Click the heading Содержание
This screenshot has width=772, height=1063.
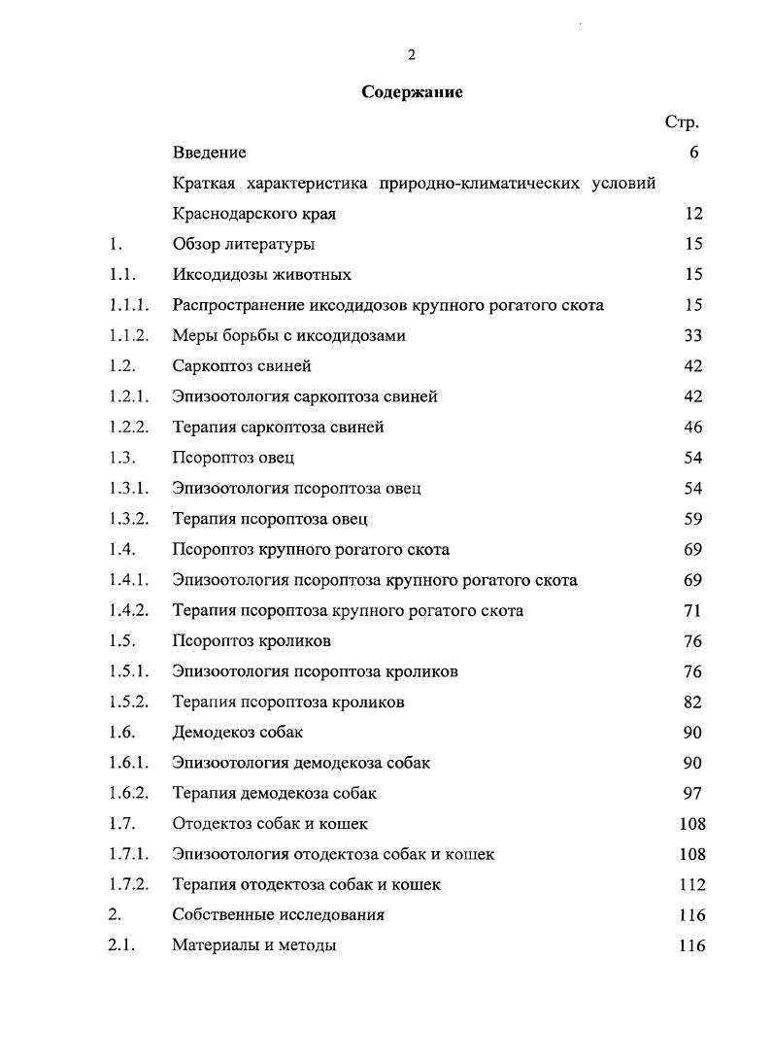point(412,92)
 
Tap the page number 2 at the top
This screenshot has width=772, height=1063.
point(412,55)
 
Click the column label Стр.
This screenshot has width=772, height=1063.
point(682,122)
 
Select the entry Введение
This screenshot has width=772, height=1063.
point(209,153)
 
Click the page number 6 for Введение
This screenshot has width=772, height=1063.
point(693,153)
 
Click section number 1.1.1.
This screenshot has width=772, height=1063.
point(128,305)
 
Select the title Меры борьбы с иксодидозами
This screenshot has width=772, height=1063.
point(288,336)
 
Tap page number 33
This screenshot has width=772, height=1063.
point(692,336)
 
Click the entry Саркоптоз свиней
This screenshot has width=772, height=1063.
point(242,366)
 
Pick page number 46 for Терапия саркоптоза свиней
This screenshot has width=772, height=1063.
point(692,428)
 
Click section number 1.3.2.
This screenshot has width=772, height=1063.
point(128,519)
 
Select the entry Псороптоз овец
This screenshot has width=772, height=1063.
point(233,458)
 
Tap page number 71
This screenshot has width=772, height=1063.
point(692,611)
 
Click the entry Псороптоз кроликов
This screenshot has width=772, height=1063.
point(252,641)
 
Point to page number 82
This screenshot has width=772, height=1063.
point(692,703)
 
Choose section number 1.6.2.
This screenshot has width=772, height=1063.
point(128,794)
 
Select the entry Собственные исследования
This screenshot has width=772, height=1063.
point(278,915)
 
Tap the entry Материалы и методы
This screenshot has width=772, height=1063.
point(254,945)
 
